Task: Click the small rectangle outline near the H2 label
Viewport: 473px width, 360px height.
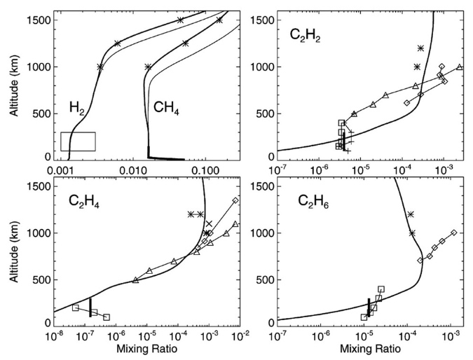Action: click(x=78, y=141)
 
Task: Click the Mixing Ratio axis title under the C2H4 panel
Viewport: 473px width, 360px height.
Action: click(x=146, y=348)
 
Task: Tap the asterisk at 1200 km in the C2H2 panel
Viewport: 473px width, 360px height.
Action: click(x=420, y=48)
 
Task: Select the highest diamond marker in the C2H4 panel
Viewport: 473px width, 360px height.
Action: click(x=235, y=200)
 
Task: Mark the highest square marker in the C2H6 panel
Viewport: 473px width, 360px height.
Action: click(x=381, y=289)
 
